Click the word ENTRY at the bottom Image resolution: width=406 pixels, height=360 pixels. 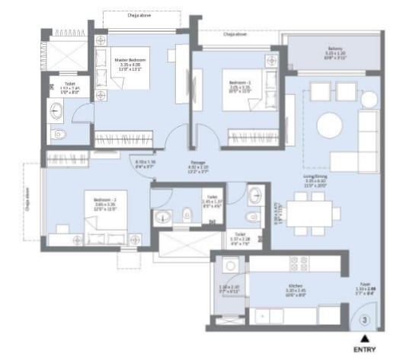(x=366, y=351)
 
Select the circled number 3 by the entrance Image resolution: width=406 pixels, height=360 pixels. (x=366, y=321)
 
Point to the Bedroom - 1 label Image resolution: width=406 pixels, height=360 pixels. (x=239, y=76)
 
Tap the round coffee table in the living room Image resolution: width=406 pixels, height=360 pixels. (x=331, y=123)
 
